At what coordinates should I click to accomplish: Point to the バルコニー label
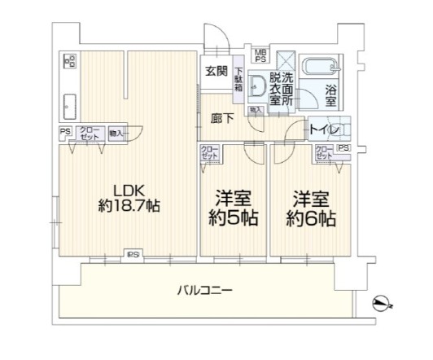[x=205, y=290]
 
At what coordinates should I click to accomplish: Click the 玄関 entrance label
[x=216, y=71]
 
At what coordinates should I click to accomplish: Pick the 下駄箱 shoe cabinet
[x=239, y=80]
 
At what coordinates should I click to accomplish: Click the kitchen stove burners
[x=69, y=60]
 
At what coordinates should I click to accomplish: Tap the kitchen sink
[x=68, y=104]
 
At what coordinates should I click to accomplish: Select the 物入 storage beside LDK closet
[x=117, y=133]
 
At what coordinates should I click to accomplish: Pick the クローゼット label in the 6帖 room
[x=324, y=153]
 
